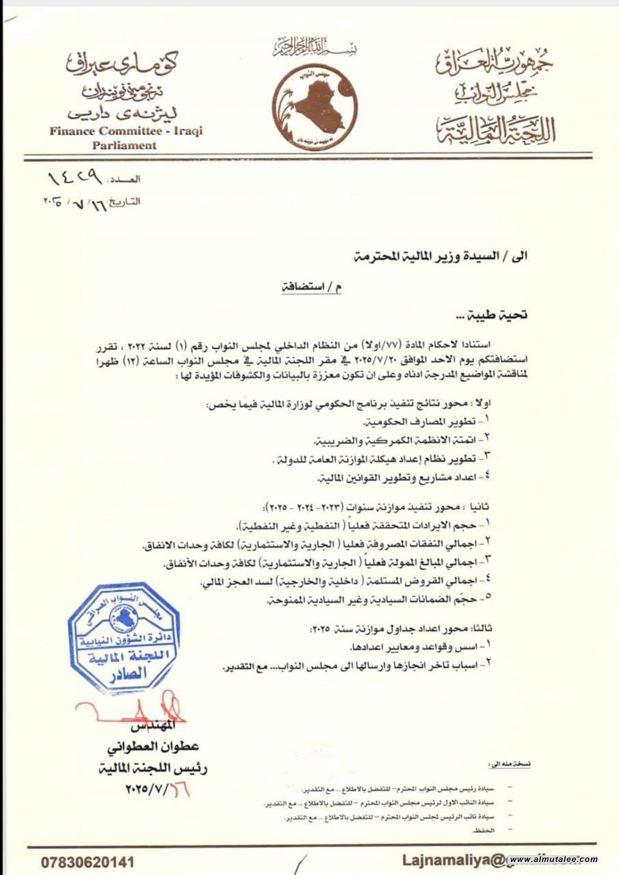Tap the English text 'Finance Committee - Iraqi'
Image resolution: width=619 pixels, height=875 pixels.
[x=126, y=131]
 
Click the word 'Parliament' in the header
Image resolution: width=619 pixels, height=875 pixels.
[x=126, y=145]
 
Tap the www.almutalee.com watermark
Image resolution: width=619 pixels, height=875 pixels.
[x=553, y=860]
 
